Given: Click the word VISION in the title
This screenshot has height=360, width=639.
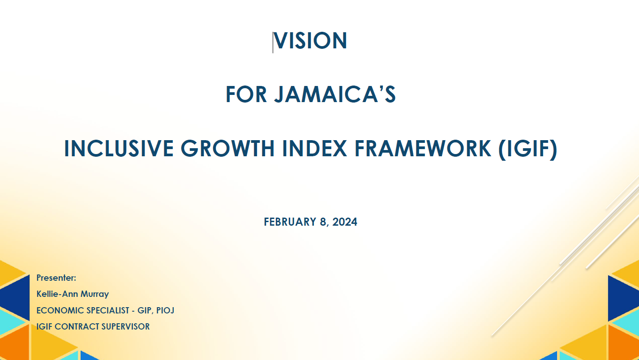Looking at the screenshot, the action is pyautogui.click(x=310, y=40).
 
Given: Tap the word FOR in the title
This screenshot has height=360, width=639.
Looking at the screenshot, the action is pyautogui.click(x=246, y=94).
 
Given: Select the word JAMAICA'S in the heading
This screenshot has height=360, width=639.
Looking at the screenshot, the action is pyautogui.click(x=335, y=94).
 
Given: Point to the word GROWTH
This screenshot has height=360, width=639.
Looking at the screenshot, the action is pyautogui.click(x=227, y=149).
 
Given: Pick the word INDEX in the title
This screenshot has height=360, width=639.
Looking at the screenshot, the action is pyautogui.click(x=315, y=149).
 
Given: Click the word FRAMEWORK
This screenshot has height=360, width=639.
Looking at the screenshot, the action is pyautogui.click(x=423, y=149).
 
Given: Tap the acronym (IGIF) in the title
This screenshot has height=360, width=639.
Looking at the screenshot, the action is pyautogui.click(x=528, y=149).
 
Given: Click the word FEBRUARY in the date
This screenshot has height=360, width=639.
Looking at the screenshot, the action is pyautogui.click(x=290, y=222).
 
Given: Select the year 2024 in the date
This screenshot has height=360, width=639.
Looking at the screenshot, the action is pyautogui.click(x=345, y=222).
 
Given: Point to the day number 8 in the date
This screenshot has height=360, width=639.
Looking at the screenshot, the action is pyautogui.click(x=323, y=222).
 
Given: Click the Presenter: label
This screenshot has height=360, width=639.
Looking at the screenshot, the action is pyautogui.click(x=56, y=278).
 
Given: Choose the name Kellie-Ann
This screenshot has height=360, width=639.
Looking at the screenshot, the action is pyautogui.click(x=59, y=294).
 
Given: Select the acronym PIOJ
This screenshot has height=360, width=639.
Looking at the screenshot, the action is pyautogui.click(x=165, y=310).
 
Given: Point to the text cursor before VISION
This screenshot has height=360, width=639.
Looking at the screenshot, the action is pyautogui.click(x=273, y=42).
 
